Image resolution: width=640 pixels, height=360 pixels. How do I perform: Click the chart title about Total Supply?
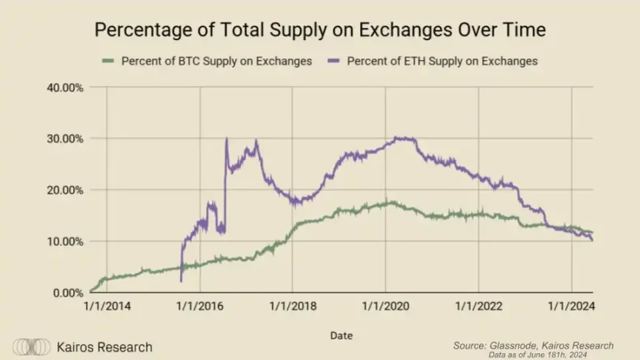(x=320, y=31)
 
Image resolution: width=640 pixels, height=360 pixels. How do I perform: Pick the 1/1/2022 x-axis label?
(x=478, y=306)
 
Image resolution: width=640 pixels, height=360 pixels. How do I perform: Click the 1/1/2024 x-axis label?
(x=571, y=306)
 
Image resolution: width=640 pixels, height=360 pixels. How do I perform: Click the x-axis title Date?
(x=341, y=336)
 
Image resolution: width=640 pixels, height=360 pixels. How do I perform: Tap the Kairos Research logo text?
(x=104, y=347)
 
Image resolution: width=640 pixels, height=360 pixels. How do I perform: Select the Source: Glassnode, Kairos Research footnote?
(x=533, y=344)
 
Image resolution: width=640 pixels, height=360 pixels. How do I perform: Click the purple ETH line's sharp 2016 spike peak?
(x=226, y=139)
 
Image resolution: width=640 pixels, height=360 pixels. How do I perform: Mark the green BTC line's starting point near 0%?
(x=90, y=291)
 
